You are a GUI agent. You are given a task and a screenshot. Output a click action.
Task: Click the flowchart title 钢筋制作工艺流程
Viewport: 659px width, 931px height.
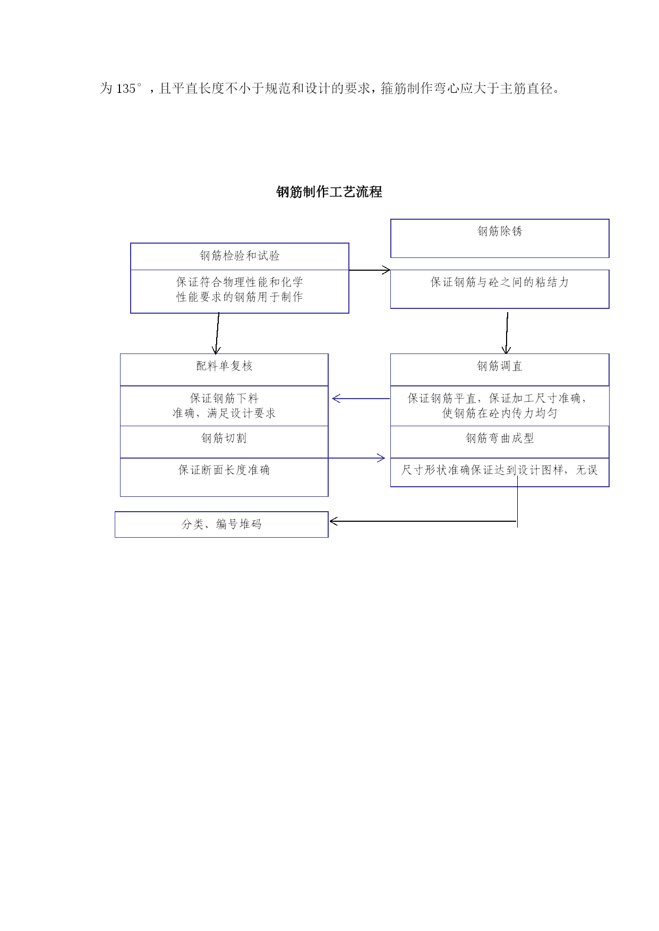(329, 192)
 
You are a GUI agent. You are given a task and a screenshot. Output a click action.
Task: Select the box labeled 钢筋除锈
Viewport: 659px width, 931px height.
(500, 238)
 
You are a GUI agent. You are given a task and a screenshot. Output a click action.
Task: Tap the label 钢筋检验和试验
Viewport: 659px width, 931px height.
(239, 256)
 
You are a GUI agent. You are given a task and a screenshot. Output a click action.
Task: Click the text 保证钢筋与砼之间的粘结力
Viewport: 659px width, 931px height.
(500, 282)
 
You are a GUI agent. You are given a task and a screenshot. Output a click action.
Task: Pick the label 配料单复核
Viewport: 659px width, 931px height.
(224, 366)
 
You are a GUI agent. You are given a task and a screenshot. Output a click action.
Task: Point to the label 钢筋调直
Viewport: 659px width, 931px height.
(500, 366)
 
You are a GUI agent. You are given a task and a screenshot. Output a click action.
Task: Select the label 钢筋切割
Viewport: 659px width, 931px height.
(224, 438)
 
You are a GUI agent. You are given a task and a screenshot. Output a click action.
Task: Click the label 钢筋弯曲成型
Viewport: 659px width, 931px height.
(500, 438)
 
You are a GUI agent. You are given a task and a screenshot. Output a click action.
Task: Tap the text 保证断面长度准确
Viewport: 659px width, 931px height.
(224, 470)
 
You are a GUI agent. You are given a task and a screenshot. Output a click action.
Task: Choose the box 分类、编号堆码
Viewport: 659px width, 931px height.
(221, 524)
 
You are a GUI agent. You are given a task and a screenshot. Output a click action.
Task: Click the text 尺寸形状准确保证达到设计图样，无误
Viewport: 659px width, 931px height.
(500, 470)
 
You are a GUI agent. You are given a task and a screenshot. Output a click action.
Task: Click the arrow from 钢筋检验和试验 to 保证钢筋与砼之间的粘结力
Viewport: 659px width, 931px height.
(370, 270)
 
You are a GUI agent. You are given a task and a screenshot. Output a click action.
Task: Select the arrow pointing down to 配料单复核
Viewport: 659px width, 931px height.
(217, 333)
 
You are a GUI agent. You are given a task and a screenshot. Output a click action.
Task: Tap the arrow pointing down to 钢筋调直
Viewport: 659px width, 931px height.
(507, 333)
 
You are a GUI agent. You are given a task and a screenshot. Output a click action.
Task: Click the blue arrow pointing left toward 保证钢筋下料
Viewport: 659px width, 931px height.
(361, 399)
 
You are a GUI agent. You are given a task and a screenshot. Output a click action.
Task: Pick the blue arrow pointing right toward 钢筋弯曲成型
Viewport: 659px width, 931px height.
(357, 458)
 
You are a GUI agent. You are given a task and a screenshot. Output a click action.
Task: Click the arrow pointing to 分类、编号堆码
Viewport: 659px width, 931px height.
(423, 521)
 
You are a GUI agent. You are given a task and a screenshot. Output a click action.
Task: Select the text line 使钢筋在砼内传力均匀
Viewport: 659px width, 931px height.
(500, 413)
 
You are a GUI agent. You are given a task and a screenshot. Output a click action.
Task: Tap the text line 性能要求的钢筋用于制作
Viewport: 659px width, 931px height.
(239, 297)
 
